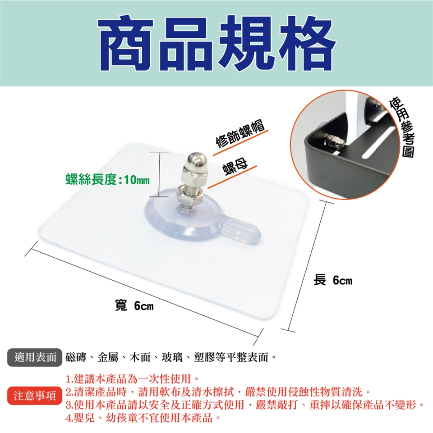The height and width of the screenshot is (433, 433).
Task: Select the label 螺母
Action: [235, 167]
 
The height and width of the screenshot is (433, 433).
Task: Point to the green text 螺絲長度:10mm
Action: [107, 180]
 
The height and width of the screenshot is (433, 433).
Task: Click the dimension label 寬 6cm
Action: [134, 306]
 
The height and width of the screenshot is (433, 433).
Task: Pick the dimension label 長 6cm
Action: [333, 280]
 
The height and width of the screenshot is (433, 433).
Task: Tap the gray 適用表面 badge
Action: [35, 357]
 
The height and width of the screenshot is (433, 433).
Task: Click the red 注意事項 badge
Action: [35, 396]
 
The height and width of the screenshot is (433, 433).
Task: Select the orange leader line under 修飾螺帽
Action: [240, 142]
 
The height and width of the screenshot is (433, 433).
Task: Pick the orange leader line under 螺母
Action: [232, 177]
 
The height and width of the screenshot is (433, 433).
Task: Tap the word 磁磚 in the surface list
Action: [75, 357]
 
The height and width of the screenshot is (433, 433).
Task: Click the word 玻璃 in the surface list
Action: [172, 357]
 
